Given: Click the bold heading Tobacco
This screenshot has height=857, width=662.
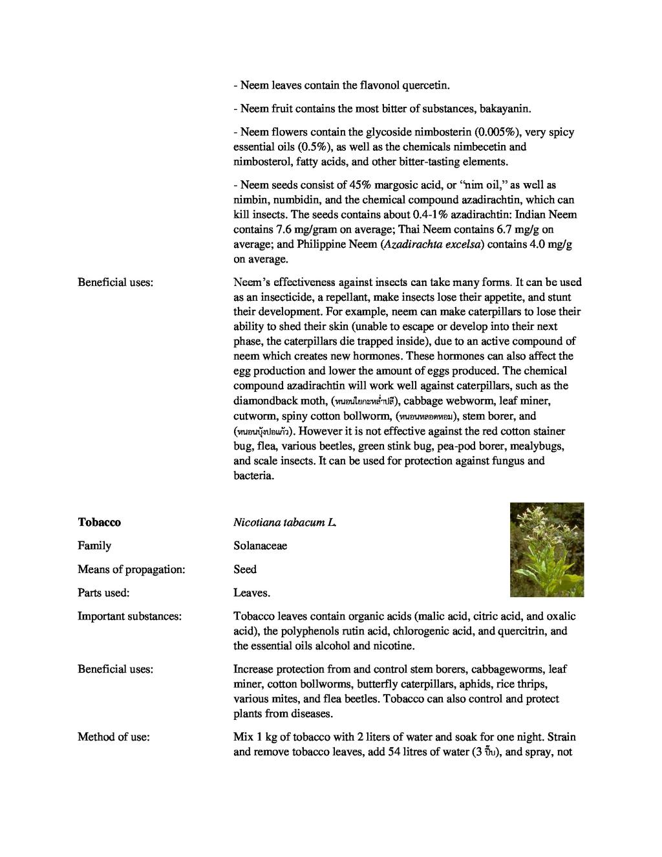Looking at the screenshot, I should pos(99,522).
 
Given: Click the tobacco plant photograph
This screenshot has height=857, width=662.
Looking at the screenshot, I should pos(546,549).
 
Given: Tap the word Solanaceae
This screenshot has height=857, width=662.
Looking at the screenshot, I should pos(261,545).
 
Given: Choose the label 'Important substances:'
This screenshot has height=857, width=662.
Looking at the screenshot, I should pos(129,616).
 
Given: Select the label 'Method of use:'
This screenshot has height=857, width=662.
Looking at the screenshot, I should pos(114,737).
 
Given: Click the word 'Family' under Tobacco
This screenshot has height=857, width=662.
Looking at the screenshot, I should pos(94,545).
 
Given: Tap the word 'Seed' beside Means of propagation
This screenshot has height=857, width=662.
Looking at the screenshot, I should pos(245,569).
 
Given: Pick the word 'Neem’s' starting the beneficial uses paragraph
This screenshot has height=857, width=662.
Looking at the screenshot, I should pos(252,282).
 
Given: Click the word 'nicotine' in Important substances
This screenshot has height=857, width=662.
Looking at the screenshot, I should pos(395,645).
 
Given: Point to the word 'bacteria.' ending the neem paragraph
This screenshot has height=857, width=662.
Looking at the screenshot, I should pos(254,475).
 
